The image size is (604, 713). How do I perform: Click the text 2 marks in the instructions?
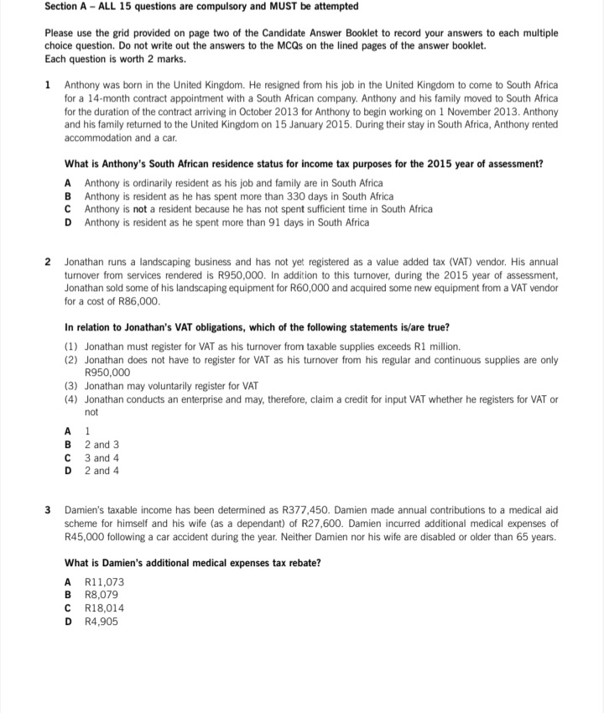coord(164,59)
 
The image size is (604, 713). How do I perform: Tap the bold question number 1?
coord(48,86)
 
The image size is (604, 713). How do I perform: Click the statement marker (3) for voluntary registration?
coord(71,386)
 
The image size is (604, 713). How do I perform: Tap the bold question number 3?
coord(48,509)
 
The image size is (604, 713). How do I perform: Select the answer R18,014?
coord(105,608)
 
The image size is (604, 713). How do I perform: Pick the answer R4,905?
coord(102,622)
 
